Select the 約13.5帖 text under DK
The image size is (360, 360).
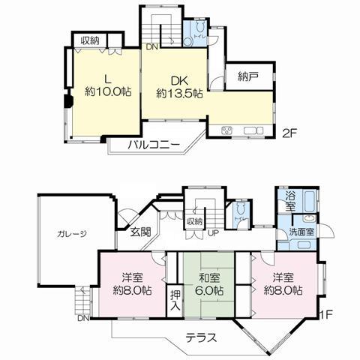click(179, 94)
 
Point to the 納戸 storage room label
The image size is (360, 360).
click(248, 76)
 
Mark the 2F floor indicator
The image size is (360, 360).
click(289, 134)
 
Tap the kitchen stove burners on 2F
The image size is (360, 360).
click(229, 132)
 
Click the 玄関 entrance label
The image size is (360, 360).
click(140, 232)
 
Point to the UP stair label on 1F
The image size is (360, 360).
click(213, 232)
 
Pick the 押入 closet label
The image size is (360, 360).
click(173, 300)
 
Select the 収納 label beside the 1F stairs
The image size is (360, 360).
click(195, 221)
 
